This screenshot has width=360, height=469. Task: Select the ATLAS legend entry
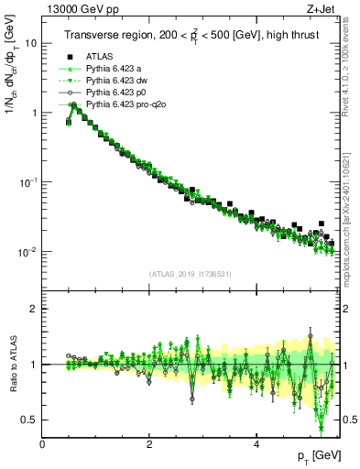pos(100,56)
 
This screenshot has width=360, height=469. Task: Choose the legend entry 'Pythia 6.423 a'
pos(115,69)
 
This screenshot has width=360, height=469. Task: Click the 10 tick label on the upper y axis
pos(30,43)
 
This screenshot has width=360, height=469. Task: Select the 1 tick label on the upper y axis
pos(34,113)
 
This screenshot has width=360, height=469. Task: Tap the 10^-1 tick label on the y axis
pos(28,181)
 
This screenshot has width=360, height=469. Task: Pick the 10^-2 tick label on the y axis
pos(28,251)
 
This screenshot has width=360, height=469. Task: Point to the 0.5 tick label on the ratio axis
pos(29,420)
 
